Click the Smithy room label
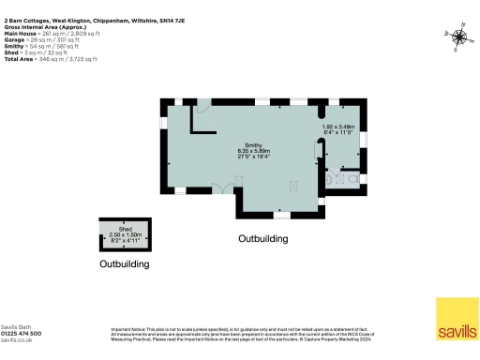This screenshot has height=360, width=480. point(254,143)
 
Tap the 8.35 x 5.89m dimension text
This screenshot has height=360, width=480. point(254,150)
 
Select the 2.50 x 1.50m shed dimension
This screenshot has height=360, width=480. point(124,233)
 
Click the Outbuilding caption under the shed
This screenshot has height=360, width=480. point(125,265)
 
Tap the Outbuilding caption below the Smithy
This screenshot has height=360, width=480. point(262,239)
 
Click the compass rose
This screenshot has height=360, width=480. point(458,37)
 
